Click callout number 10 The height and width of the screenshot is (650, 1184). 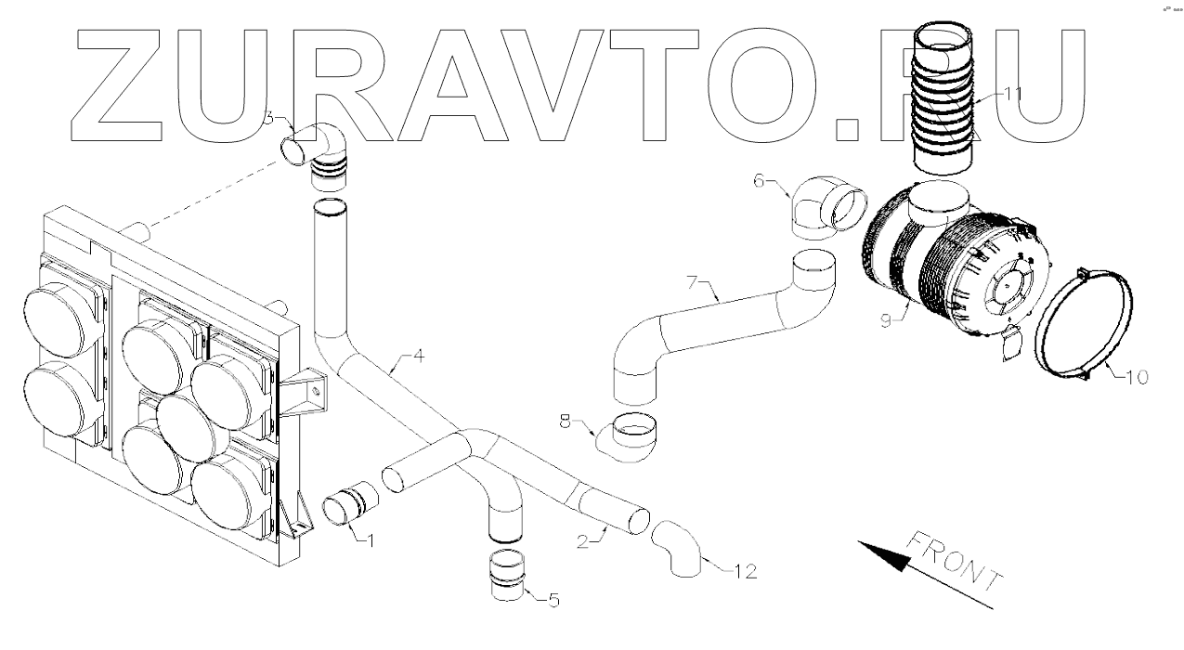tap(1138, 377)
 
